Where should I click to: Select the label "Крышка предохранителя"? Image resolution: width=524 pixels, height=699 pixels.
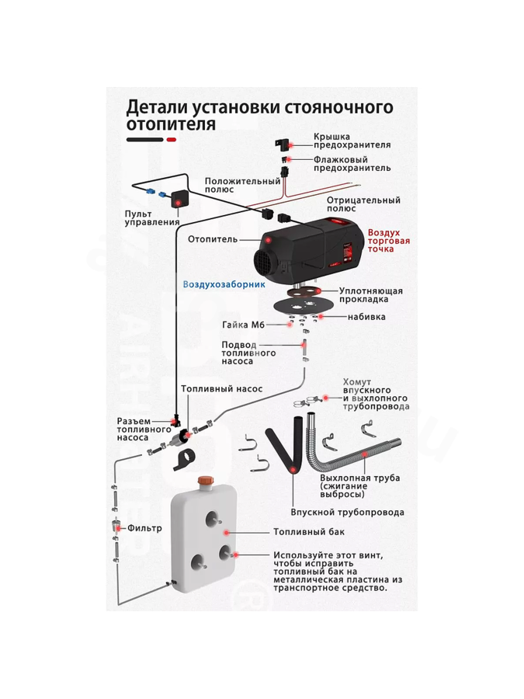pos(352,141)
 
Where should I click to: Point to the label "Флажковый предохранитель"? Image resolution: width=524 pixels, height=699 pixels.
pos(352,163)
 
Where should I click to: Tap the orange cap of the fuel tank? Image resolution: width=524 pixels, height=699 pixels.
pos(206,482)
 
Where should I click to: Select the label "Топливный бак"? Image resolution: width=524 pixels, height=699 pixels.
pos(308,532)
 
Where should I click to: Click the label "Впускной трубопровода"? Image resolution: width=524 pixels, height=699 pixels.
pos(347,512)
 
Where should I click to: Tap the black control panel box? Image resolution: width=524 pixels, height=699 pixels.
pos(179,201)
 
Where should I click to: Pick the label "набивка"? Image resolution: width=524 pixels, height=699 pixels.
pos(366,317)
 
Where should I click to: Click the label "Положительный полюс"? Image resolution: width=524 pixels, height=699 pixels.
pos(242,185)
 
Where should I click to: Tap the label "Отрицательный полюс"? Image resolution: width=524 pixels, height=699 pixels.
pos(363,203)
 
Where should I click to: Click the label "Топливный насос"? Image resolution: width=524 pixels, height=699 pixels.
pos(221,388)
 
